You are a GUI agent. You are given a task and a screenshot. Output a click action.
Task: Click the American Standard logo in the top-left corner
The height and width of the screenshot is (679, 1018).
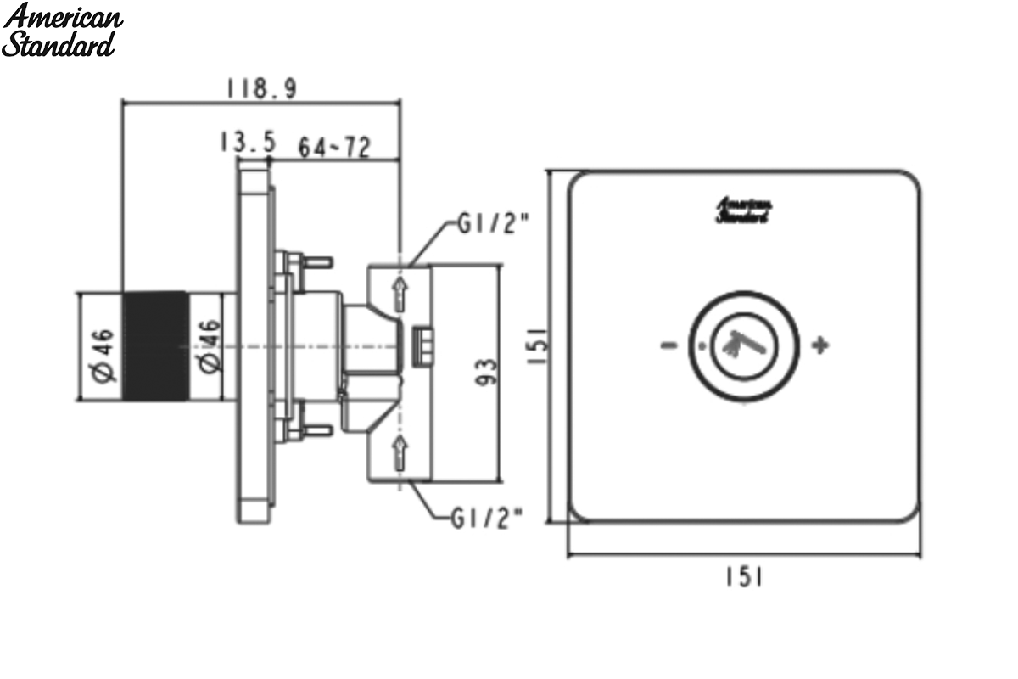coord(62,30)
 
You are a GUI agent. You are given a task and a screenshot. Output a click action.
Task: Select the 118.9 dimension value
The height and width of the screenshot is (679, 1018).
coord(262,88)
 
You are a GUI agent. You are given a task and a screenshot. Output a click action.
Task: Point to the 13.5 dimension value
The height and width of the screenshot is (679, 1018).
coord(248,142)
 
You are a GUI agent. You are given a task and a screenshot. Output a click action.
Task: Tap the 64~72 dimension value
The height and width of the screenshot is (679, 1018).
coord(334,147)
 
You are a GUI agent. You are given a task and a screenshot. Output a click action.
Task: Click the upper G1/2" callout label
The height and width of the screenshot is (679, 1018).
coord(494,223)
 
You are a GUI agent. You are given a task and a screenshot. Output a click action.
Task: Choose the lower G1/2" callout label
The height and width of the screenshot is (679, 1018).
coord(487,518)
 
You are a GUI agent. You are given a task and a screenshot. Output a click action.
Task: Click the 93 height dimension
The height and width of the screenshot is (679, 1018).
coord(487,372)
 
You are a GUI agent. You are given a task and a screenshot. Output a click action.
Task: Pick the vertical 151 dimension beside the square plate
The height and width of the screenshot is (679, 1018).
coord(538,345)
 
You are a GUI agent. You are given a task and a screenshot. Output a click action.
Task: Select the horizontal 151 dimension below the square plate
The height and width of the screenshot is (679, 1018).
coord(745,577)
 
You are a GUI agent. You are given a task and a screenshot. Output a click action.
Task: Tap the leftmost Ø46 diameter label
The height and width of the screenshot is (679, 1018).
coord(103,356)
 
